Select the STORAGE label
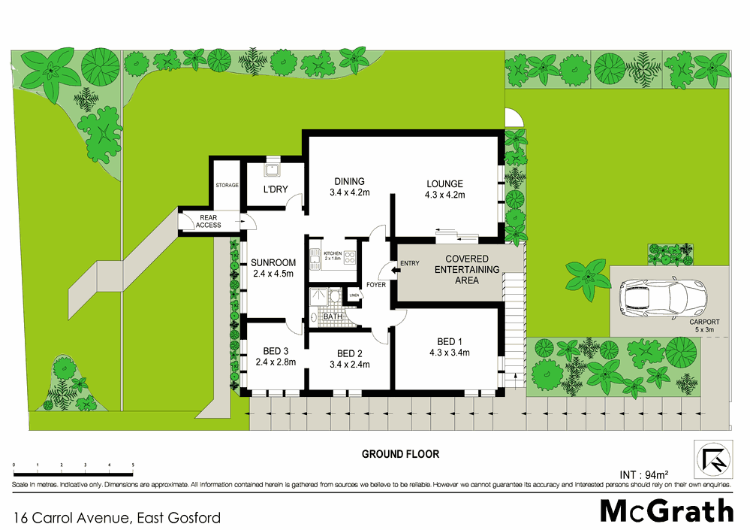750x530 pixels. coord(227,185)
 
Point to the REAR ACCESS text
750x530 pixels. coord(209,221)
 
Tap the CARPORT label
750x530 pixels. coord(705,325)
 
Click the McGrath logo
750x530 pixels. coord(666,510)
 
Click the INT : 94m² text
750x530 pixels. coord(644,474)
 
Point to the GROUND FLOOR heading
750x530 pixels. coord(400,454)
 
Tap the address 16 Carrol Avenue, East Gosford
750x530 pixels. coord(117,517)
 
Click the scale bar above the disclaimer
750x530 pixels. coord(74,470)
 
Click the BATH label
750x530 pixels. coord(333,317)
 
